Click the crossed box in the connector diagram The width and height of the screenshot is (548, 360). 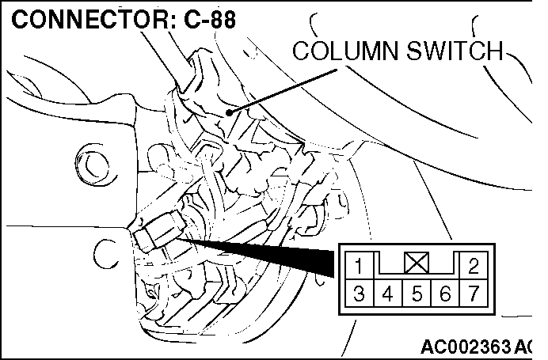click(x=417, y=262)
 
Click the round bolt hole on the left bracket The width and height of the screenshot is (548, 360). click(x=95, y=165)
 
